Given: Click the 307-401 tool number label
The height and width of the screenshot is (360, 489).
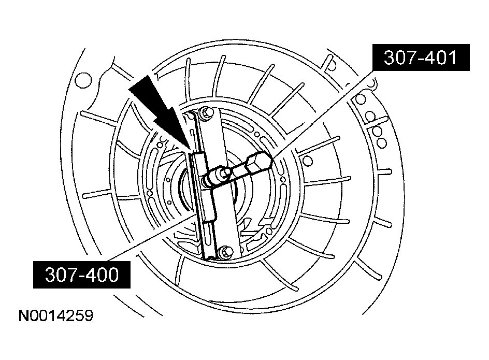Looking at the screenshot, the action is pos(421,57).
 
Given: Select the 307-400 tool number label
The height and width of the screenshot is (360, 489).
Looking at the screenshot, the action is pos(82,275).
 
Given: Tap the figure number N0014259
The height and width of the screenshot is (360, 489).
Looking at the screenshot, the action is pos(56,315).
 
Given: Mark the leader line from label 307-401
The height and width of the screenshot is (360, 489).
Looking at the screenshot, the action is pos(323,113).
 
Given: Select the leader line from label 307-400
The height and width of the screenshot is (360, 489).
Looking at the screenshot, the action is pos(149,239).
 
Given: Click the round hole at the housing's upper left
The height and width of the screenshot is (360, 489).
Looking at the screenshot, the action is pos(83,80).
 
